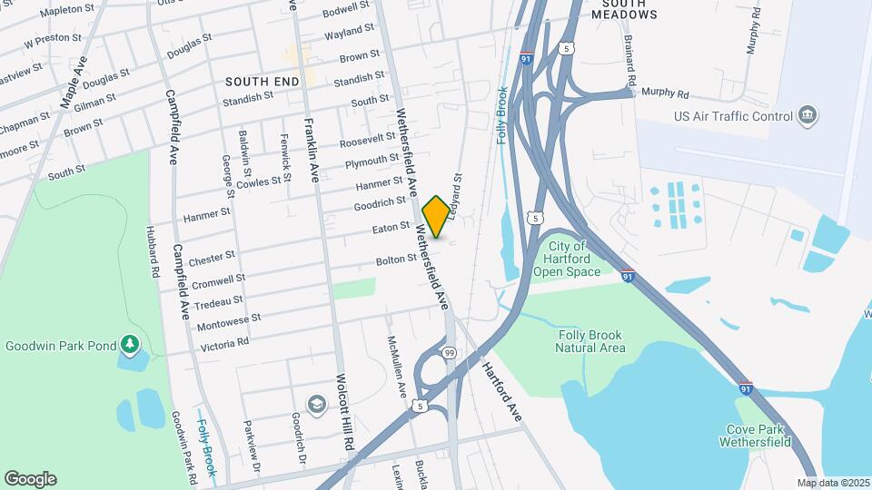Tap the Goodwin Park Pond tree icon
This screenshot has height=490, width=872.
point(131,344)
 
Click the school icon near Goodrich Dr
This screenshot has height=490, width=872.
point(317,403)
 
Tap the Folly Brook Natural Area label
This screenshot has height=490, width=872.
point(590,340)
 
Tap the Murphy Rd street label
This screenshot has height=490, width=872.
point(665,93)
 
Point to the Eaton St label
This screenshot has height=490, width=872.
point(392,229)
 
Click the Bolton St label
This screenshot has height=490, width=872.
point(395,260)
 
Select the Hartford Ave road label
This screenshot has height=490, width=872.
point(501,390)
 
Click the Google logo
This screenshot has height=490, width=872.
point(30,478)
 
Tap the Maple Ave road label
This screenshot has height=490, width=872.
point(74,82)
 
